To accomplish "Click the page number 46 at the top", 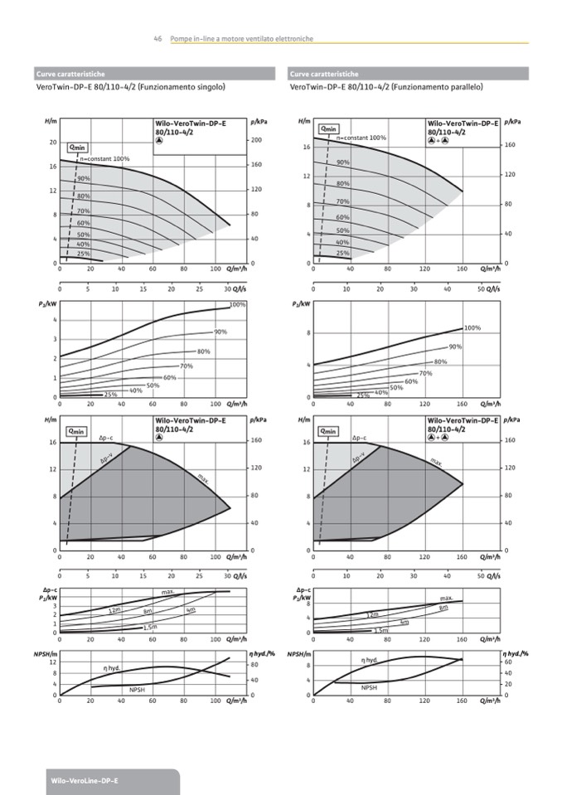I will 157,39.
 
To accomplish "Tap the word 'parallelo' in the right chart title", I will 466,86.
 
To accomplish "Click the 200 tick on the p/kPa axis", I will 255,140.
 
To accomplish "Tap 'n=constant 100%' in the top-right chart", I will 361,138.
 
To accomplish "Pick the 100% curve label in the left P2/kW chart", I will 237,305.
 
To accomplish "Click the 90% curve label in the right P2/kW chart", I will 455,347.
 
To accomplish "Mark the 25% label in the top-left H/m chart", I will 84,254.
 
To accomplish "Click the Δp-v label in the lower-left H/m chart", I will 106,458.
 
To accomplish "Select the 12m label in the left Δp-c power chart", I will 114,611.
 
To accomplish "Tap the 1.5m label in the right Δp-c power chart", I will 381,631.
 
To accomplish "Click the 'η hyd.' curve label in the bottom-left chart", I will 112,667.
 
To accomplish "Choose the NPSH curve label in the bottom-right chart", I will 369,687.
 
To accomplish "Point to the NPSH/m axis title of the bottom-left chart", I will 44,654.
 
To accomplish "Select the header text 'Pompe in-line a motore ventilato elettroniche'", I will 240,39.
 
